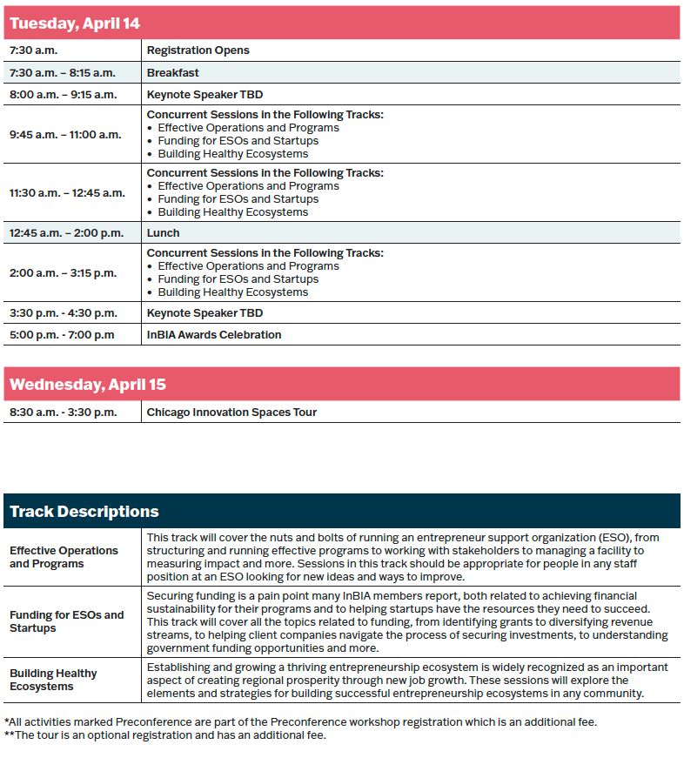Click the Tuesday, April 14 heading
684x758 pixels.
tap(75, 23)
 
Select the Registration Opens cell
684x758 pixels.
tap(198, 50)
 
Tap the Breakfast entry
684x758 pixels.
tap(172, 73)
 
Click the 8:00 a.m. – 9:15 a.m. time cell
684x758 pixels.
tap(63, 95)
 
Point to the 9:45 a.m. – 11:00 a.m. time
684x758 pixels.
tap(65, 135)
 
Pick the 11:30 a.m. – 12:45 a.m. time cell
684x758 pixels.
tap(67, 193)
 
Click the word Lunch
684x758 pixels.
tap(163, 233)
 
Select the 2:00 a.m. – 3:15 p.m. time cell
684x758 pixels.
tap(63, 273)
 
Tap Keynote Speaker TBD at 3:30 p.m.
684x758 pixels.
tap(205, 313)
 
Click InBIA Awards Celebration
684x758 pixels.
tap(214, 335)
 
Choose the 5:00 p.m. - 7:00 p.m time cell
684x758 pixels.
tap(62, 335)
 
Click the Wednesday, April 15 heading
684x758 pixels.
tap(88, 385)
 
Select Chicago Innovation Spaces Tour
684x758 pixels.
tap(231, 413)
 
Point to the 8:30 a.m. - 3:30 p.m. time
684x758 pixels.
tap(63, 413)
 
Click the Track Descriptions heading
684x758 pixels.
tap(84, 512)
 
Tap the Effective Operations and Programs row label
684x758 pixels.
tap(64, 557)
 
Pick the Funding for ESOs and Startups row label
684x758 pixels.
tap(66, 621)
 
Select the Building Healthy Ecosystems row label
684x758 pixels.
tap(53, 680)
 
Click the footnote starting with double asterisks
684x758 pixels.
tap(164, 735)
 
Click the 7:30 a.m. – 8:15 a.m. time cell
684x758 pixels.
tap(63, 73)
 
